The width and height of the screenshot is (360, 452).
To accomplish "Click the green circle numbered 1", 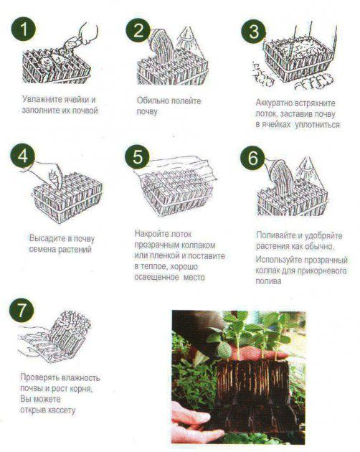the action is coord(24,29).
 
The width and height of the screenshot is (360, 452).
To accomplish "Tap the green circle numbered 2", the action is coord(138,30).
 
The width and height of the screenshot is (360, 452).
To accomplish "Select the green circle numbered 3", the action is coord(253,31).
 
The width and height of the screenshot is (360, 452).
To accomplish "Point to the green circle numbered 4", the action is coord(22,157).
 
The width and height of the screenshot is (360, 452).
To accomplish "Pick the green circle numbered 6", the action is coord(252,159).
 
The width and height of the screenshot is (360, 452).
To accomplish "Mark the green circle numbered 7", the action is coord(22,311).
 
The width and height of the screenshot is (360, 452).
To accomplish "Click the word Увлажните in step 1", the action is coord(42,100).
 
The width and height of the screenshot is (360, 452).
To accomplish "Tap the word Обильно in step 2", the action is coord(153,101).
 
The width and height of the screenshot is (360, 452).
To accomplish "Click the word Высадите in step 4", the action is coord(47,239).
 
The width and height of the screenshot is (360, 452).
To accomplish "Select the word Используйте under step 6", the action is coord(278,260).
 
